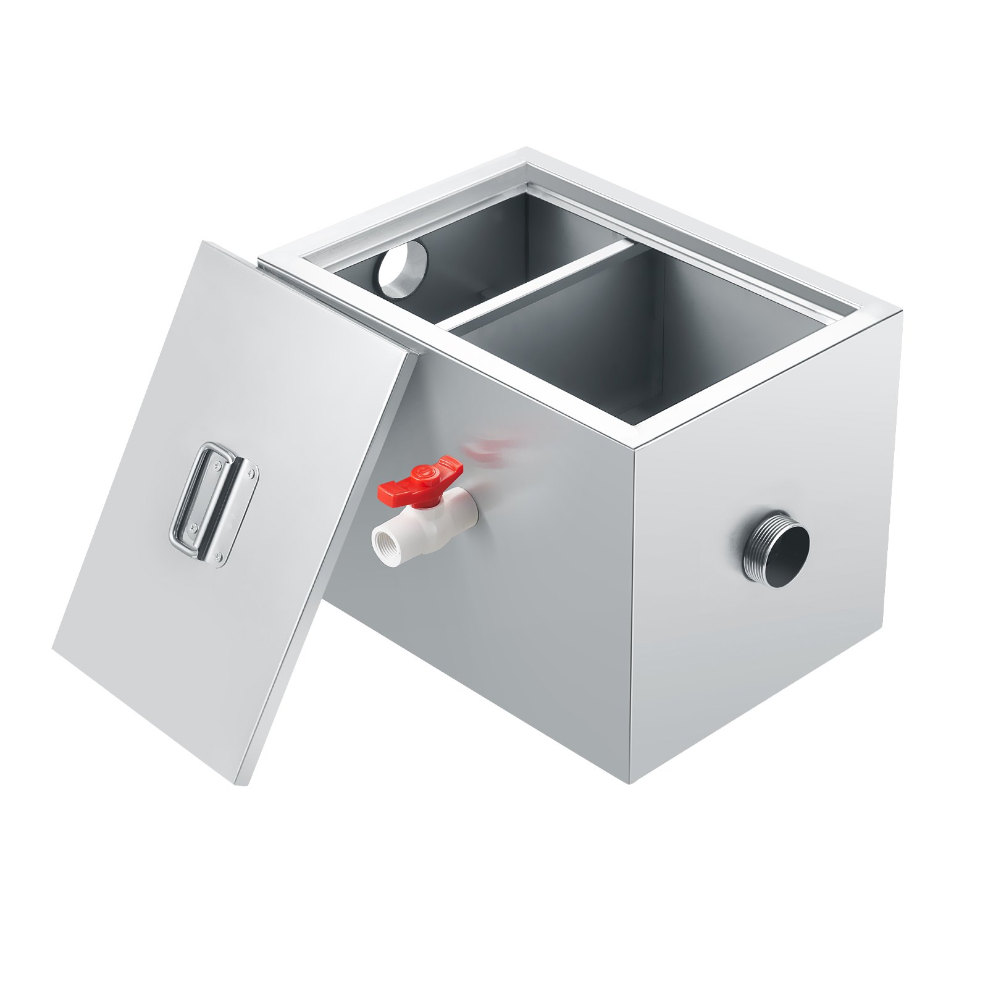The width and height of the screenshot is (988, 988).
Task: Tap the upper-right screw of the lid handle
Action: click(x=250, y=472)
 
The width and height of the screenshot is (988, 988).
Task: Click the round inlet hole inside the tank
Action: click(x=403, y=269)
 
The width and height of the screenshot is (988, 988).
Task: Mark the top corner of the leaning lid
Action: click(x=204, y=243)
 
